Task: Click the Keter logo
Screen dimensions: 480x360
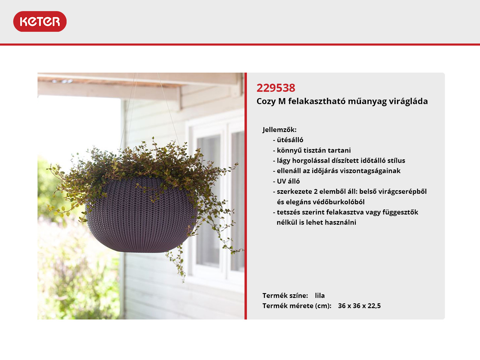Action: click(40, 21)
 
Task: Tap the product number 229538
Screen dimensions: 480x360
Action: click(276, 88)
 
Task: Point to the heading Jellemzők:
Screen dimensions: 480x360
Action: click(280, 130)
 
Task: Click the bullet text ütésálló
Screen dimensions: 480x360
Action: click(290, 140)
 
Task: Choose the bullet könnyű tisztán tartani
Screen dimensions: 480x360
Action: click(314, 150)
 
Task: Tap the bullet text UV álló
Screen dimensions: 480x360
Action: click(288, 181)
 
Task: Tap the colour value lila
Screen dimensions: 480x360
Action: click(320, 295)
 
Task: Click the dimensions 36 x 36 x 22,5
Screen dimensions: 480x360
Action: click(359, 306)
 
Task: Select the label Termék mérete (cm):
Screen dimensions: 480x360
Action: click(297, 306)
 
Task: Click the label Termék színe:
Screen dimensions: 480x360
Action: click(285, 295)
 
